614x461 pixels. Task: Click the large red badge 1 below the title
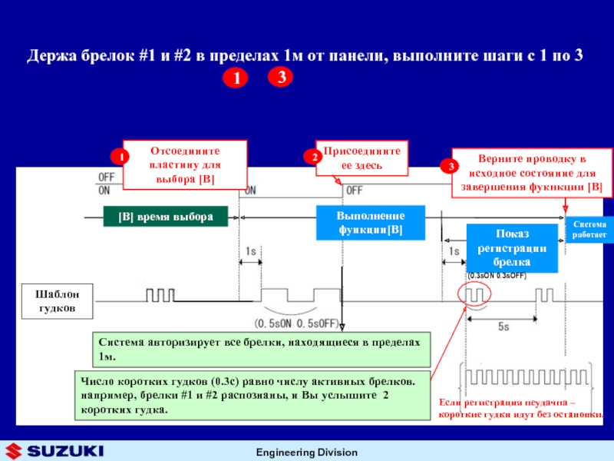point(237,79)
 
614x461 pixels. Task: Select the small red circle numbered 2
point(314,157)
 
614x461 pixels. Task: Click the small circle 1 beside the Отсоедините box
point(119,158)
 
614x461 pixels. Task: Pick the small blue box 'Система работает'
point(589,228)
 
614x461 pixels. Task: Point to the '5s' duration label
point(503,327)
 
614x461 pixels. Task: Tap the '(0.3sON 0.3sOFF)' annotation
point(497,274)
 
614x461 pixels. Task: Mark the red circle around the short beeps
point(472,294)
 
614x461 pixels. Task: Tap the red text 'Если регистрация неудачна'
point(522,408)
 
